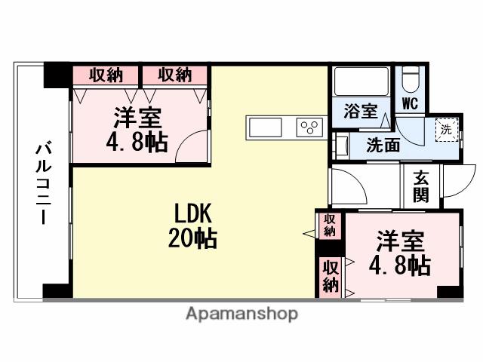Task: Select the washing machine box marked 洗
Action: tap(448, 129)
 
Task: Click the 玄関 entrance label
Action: tap(420, 187)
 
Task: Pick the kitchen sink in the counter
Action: tap(265, 128)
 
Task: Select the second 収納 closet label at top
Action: tap(175, 75)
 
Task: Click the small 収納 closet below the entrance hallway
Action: tap(330, 224)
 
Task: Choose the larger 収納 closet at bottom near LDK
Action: tap(330, 276)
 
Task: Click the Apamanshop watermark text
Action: tap(241, 313)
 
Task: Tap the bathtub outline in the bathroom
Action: tap(361, 82)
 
